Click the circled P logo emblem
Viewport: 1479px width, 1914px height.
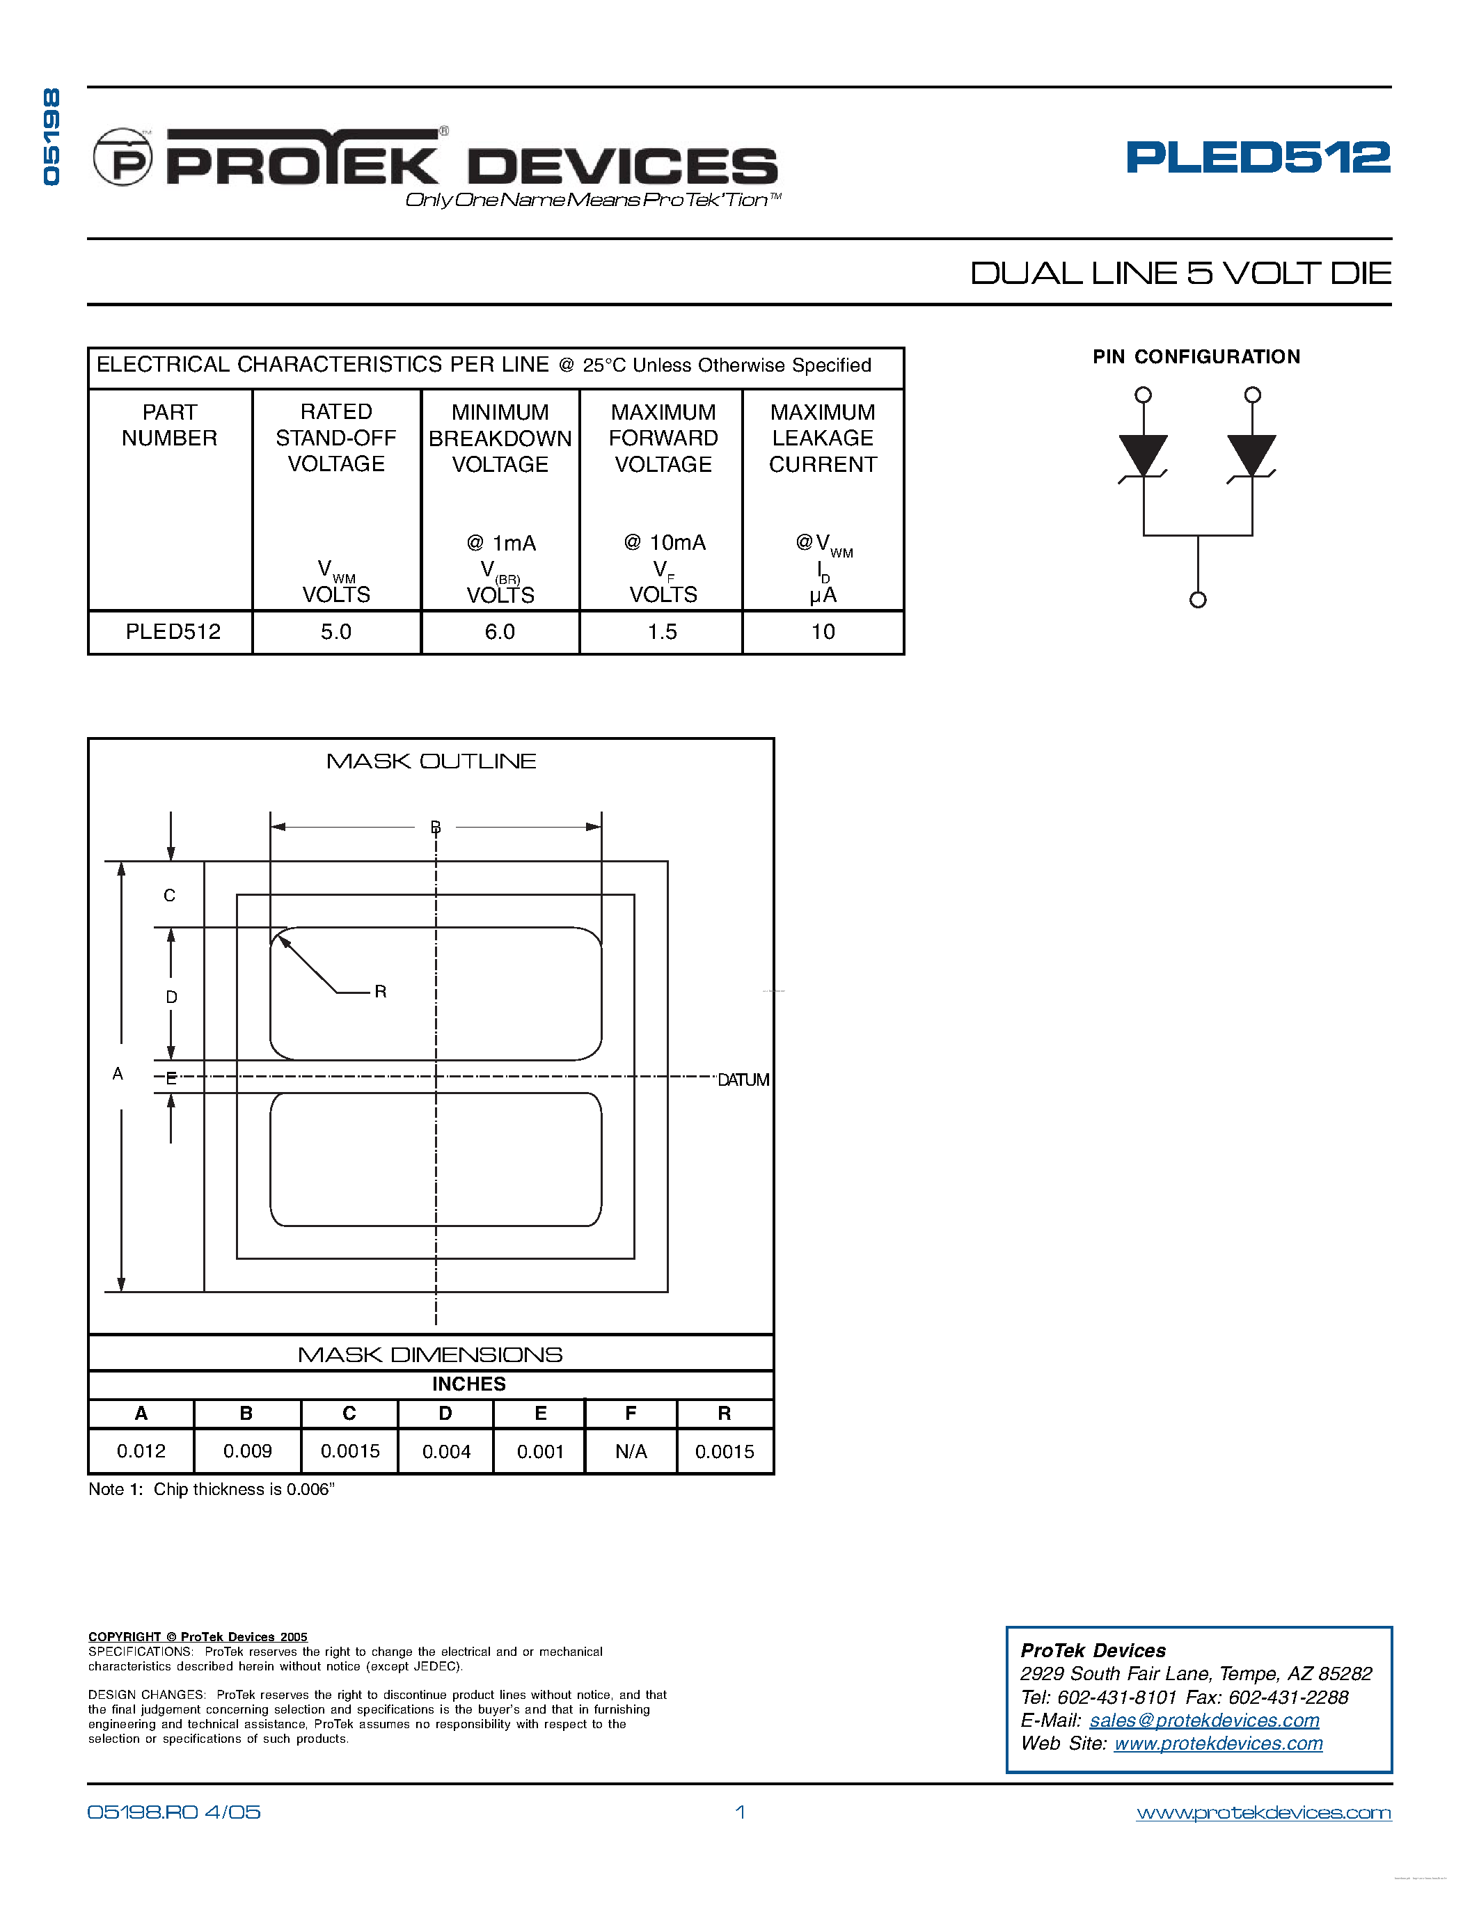point(122,158)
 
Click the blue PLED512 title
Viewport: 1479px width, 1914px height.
point(1258,158)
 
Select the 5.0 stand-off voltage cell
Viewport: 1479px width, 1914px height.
point(335,632)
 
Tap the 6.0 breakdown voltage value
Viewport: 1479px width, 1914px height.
point(500,632)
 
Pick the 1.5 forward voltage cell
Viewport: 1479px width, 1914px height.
point(663,632)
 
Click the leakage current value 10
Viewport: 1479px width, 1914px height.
point(823,632)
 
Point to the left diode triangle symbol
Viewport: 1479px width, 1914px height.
point(1144,454)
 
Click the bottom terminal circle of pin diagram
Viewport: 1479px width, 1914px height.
point(1198,601)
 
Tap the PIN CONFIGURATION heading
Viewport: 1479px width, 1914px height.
point(1196,356)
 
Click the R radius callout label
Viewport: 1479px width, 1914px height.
point(380,992)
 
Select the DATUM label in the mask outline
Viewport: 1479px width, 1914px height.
point(743,1079)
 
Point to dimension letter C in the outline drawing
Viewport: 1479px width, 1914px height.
point(169,896)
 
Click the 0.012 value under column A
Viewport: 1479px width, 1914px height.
point(141,1451)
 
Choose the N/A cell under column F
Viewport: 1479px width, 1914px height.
point(631,1451)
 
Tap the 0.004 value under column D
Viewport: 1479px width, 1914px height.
point(446,1451)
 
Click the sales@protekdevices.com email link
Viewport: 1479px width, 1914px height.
point(1204,1721)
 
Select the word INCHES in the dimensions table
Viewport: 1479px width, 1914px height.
point(469,1384)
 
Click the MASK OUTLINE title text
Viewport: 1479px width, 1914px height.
point(431,761)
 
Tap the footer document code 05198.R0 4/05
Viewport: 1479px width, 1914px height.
point(173,1812)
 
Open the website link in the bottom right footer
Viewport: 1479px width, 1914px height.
point(1263,1812)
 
